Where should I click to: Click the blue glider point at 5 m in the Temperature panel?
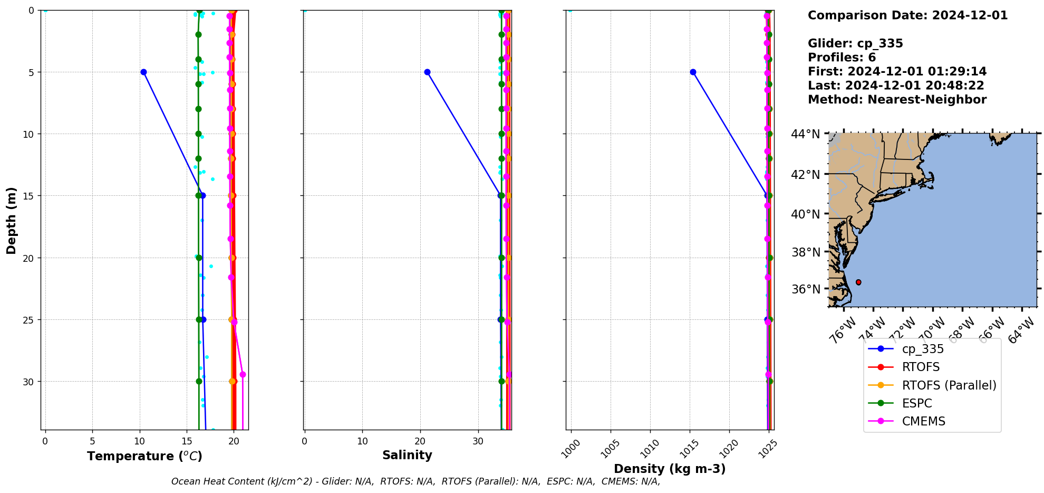tap(143, 72)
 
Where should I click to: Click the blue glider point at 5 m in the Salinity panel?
tap(427, 72)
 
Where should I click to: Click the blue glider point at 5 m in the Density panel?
tap(693, 72)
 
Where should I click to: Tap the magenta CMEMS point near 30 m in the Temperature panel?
tap(243, 374)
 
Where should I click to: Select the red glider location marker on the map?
tap(858, 282)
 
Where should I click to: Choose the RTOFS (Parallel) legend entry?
tap(949, 385)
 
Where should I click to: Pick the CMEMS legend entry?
tap(923, 421)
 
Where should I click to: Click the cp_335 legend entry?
tap(922, 349)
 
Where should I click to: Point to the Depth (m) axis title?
tap(11, 220)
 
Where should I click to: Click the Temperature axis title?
tap(144, 456)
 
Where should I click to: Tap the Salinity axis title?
tap(407, 455)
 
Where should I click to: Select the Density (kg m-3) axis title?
tap(670, 469)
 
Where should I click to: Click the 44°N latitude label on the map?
tap(805, 134)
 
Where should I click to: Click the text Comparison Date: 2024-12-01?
tap(907, 15)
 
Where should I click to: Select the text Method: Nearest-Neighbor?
tap(897, 99)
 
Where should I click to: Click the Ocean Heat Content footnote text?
tap(415, 481)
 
